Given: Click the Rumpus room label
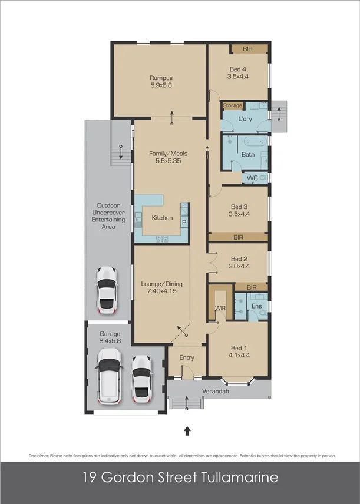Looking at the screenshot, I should pyautogui.click(x=159, y=78).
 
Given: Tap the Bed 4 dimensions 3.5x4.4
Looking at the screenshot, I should pyautogui.click(x=238, y=77).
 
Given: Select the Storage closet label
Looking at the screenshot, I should pyautogui.click(x=232, y=105).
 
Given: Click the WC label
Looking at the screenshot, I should pyautogui.click(x=252, y=178).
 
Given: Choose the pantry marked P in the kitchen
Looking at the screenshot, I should pyautogui.click(x=184, y=223).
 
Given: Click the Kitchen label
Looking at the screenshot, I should pyautogui.click(x=162, y=218).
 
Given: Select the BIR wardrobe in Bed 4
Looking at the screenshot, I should pyautogui.click(x=247, y=49).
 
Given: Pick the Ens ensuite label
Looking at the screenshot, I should pyautogui.click(x=257, y=306).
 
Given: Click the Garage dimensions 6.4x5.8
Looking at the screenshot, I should pyautogui.click(x=110, y=341).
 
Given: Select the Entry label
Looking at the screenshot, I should pyautogui.click(x=186, y=357).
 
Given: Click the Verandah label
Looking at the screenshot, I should pyautogui.click(x=216, y=391).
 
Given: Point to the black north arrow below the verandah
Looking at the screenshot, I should pyautogui.click(x=187, y=431).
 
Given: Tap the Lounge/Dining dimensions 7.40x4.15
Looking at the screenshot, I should pyautogui.click(x=159, y=291).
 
